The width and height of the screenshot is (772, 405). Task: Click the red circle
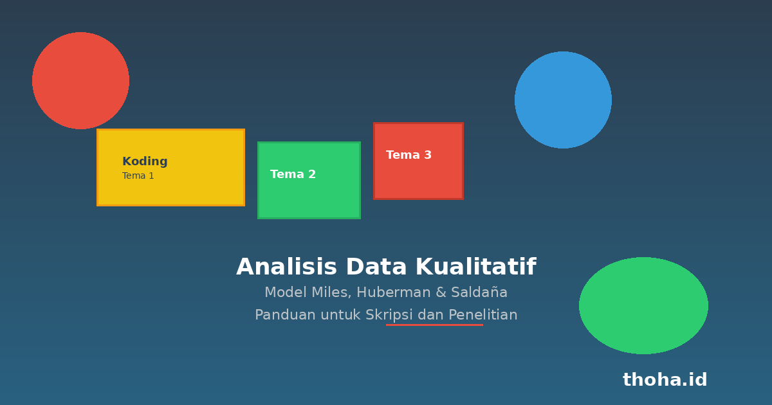tap(80, 80)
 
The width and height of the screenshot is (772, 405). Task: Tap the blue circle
tap(563, 100)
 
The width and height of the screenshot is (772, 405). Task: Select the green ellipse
tap(643, 305)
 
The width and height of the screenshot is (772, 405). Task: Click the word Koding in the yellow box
tap(145, 161)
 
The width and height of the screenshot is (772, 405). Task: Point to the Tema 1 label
tap(138, 175)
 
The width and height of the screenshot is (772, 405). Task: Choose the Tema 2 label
tap(293, 174)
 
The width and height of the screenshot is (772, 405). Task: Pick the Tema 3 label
tap(409, 155)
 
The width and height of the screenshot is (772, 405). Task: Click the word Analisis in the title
tap(286, 267)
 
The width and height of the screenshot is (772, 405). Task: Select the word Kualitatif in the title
tap(476, 267)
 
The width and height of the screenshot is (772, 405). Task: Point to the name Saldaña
tap(479, 292)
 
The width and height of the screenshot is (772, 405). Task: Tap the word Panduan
tap(285, 315)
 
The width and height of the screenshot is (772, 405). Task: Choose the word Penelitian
tap(483, 315)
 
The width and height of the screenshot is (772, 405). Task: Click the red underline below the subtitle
tap(434, 325)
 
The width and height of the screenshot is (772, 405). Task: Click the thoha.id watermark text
tap(665, 379)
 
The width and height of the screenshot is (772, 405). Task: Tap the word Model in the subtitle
tap(286, 292)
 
